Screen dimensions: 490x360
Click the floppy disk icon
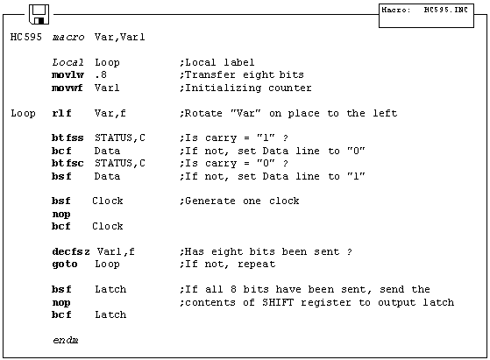(x=39, y=14)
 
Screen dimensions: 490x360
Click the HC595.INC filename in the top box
(x=445, y=10)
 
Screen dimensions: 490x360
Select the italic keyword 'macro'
(x=68, y=37)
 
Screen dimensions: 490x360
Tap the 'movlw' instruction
(x=67, y=75)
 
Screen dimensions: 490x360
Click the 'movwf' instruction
(x=67, y=88)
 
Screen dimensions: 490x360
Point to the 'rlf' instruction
(x=61, y=113)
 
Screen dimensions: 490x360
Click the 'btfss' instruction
(x=67, y=138)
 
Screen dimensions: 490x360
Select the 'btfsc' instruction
(x=67, y=163)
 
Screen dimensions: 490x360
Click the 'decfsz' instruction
(x=71, y=251)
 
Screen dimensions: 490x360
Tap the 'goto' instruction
(x=65, y=265)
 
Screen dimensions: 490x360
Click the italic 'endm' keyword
(x=66, y=340)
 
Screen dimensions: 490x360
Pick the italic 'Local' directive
(x=67, y=62)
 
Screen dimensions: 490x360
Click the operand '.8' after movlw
(x=101, y=75)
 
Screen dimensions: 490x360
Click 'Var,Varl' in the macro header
(x=120, y=37)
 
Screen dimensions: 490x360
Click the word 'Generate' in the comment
(x=210, y=201)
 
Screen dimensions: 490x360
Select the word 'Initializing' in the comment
(x=224, y=88)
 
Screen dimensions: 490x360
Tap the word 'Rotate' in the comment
(x=203, y=113)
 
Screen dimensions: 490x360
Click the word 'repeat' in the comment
(x=257, y=265)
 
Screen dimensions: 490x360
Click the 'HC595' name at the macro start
(x=26, y=37)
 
